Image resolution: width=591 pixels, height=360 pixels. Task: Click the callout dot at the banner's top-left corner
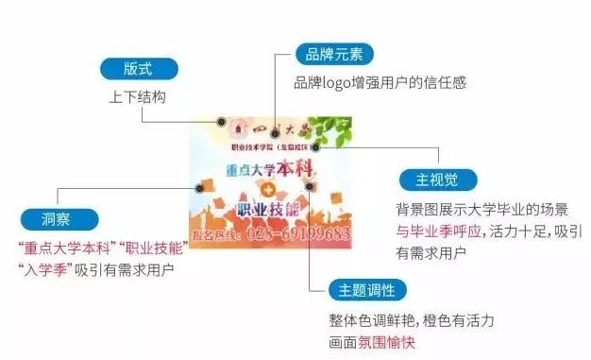point(220,122)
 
